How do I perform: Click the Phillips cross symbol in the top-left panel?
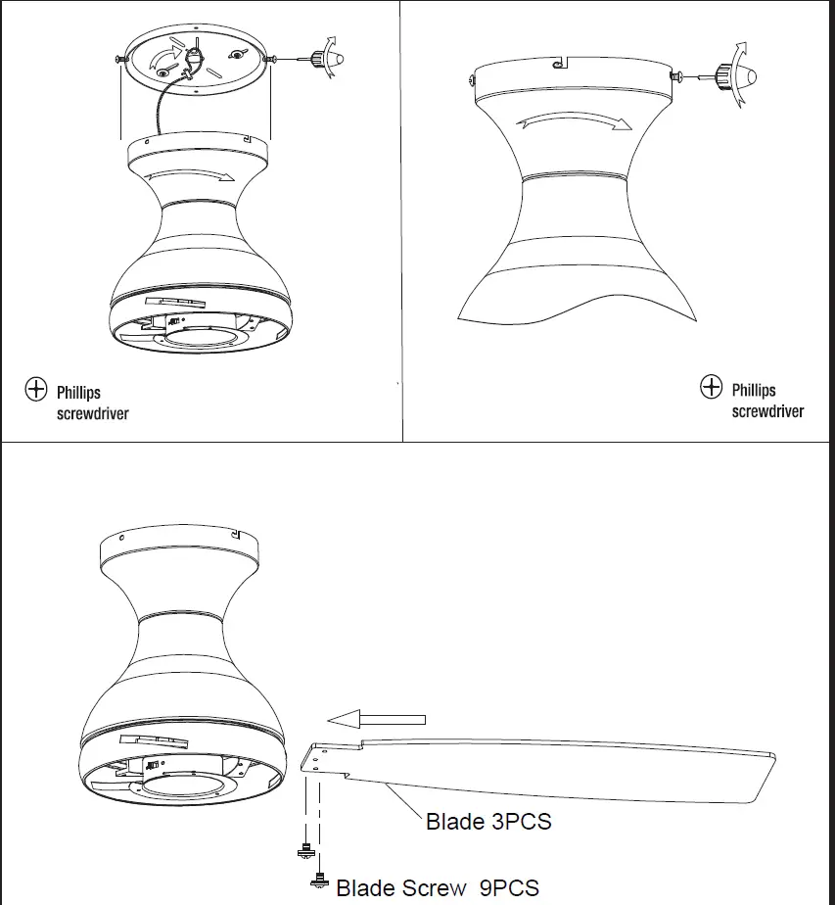[35, 389]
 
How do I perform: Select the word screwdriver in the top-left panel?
[92, 413]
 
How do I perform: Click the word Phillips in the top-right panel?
[754, 390]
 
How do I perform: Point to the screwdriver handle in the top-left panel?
[322, 59]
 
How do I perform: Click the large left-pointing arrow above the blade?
[376, 719]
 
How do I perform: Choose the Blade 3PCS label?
[487, 821]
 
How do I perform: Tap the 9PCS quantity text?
[509, 888]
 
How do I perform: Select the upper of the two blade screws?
[305, 851]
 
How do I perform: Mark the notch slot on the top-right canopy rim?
[559, 64]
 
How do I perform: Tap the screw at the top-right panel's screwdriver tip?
[674, 74]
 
